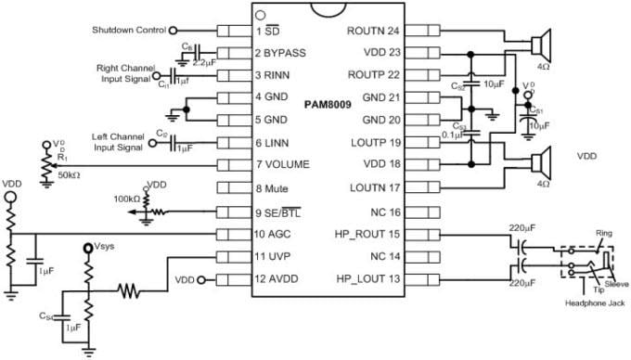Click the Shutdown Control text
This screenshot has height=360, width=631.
pyautogui.click(x=129, y=31)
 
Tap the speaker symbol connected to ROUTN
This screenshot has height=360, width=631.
pyautogui.click(x=541, y=43)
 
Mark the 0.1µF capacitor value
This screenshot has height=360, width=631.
pyautogui.click(x=453, y=134)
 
